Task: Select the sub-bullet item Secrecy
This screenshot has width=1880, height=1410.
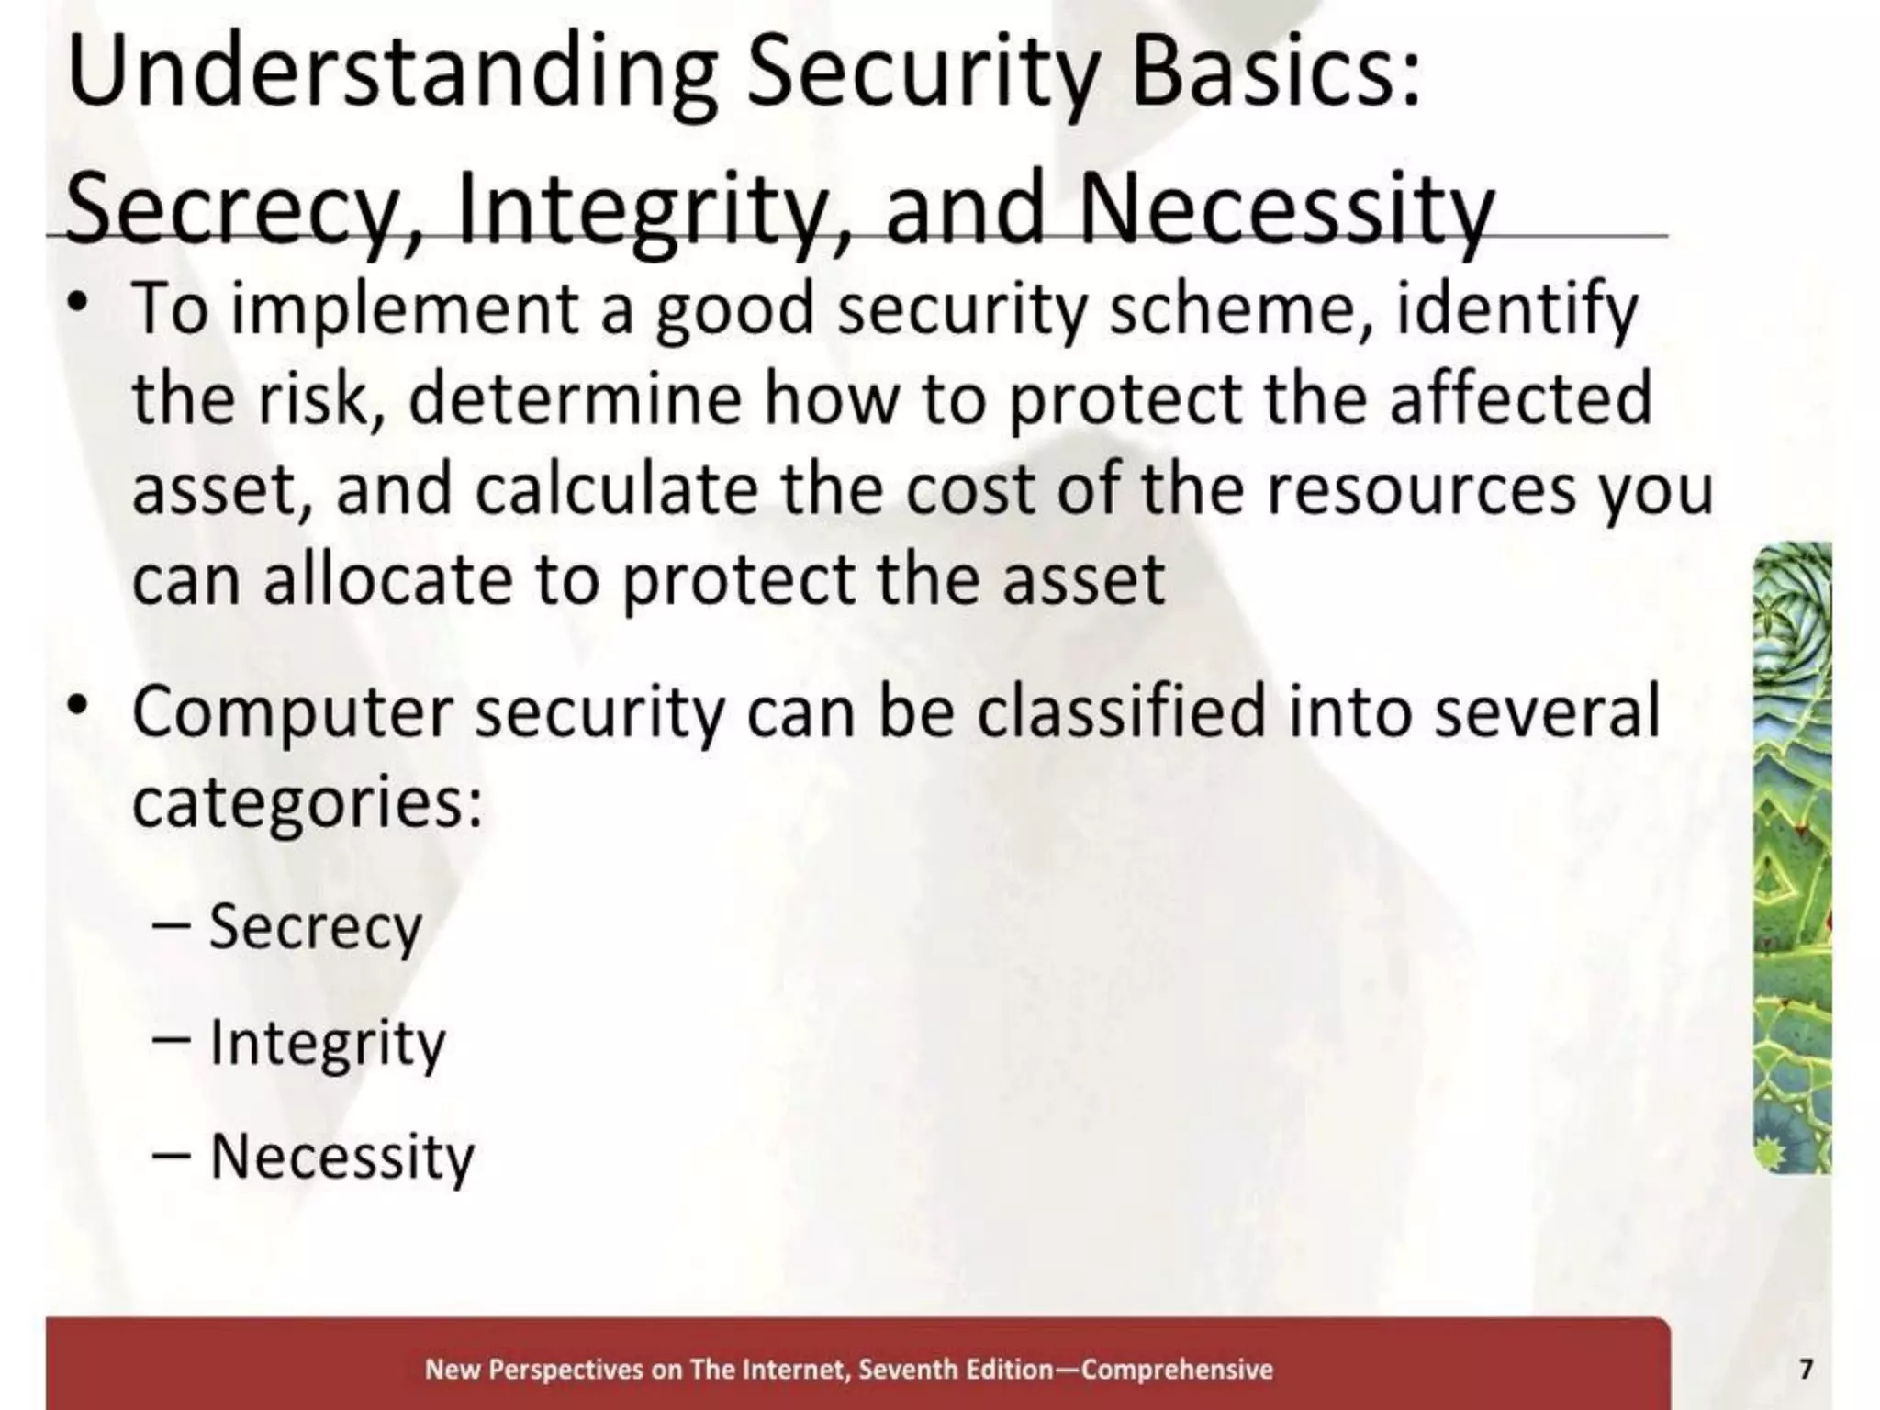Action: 315,928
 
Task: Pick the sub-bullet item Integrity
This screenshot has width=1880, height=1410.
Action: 327,1044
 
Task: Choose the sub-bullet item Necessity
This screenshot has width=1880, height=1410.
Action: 341,1157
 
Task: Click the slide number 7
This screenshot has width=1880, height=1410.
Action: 1806,1370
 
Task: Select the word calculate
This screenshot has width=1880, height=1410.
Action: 616,489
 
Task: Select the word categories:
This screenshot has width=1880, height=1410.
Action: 308,803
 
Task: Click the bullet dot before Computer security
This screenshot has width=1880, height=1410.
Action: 79,707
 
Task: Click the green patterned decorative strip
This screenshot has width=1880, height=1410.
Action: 1791,858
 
